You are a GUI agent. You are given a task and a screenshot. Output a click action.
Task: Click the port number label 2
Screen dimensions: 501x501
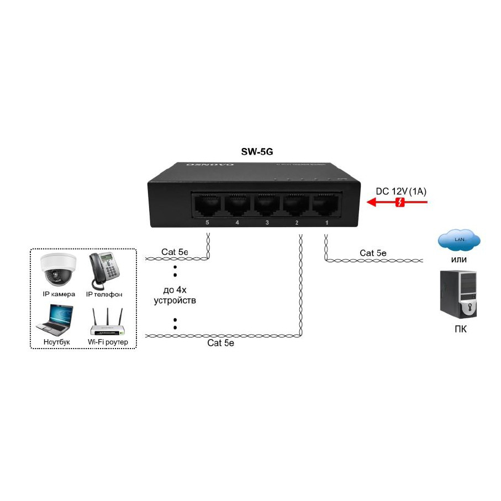pyautogui.click(x=297, y=223)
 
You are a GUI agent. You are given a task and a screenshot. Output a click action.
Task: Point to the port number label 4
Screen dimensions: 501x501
pyautogui.click(x=237, y=223)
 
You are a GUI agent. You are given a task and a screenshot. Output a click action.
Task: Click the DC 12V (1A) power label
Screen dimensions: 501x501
pyautogui.click(x=402, y=191)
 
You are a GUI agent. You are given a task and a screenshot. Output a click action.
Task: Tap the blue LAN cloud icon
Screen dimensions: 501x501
pyautogui.click(x=458, y=239)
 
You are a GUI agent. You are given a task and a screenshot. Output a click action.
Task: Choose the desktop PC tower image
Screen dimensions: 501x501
pyautogui.click(x=458, y=293)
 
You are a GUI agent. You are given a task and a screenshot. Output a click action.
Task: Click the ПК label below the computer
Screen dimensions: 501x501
pyautogui.click(x=458, y=331)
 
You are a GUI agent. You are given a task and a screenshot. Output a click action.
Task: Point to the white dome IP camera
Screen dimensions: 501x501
pyautogui.click(x=57, y=269)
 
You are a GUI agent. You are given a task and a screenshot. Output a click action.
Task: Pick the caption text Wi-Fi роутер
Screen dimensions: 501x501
pyautogui.click(x=108, y=342)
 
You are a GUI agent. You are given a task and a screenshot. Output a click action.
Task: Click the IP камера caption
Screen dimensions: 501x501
pyautogui.click(x=59, y=294)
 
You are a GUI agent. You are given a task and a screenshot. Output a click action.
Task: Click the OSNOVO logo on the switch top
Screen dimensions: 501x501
pyautogui.click(x=210, y=164)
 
